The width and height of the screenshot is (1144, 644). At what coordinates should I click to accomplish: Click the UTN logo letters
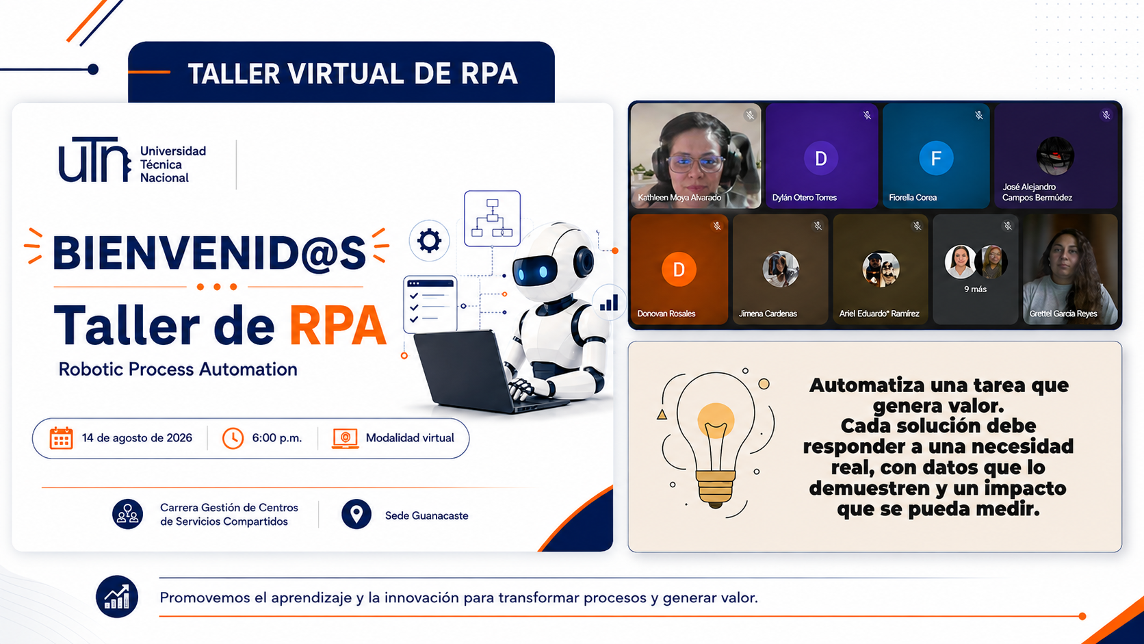(94, 159)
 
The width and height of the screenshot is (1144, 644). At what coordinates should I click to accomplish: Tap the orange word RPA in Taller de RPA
(338, 326)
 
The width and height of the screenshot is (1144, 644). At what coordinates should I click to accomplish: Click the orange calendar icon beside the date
(62, 438)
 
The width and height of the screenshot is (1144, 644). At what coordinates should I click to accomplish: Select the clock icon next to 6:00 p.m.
(233, 438)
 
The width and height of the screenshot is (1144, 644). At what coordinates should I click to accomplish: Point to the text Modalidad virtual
(410, 438)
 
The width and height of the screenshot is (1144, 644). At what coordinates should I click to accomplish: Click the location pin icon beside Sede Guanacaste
(356, 514)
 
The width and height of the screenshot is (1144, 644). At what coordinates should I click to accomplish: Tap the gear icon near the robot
(429, 240)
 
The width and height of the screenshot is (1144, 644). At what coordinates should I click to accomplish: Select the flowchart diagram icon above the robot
(493, 218)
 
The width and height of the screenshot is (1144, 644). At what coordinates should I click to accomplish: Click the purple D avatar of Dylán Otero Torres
(821, 158)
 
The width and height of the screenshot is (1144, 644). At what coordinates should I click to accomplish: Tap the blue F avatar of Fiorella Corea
(935, 158)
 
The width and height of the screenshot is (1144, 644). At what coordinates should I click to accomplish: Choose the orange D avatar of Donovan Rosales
(679, 269)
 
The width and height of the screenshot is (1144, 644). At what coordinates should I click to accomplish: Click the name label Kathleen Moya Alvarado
(679, 198)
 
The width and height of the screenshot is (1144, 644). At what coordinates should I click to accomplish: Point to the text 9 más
(975, 289)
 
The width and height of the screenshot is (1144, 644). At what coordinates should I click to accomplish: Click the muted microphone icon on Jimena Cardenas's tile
(818, 226)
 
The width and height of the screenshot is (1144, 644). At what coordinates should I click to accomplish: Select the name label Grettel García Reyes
(1063, 313)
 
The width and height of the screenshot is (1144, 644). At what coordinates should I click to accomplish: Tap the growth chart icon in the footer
(117, 597)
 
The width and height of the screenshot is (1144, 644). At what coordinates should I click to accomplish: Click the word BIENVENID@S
(209, 253)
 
